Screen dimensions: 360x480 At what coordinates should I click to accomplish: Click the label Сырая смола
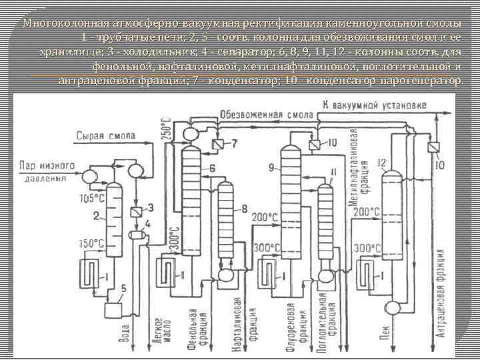point(106,136)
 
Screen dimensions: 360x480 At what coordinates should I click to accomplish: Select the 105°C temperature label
point(92,198)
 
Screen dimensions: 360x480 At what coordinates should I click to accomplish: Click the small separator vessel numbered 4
point(139,233)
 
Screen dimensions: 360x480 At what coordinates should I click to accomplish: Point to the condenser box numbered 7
point(218,144)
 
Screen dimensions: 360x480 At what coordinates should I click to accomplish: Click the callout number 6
point(212,169)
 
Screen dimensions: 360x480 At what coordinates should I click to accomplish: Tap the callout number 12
point(382,163)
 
